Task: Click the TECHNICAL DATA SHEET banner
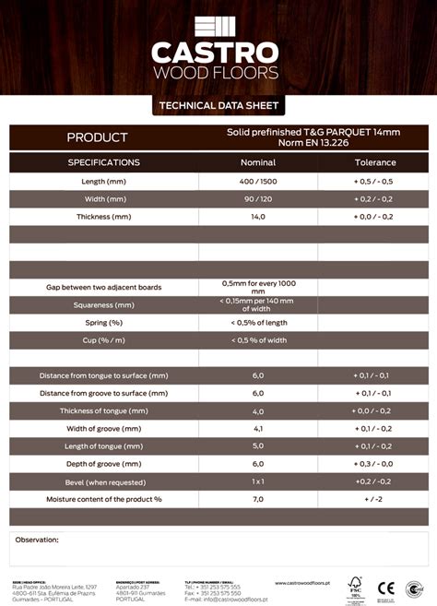(x=218, y=106)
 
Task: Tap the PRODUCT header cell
(x=97, y=137)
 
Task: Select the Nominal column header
(x=258, y=162)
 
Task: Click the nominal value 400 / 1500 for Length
(x=258, y=181)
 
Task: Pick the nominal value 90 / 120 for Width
(x=258, y=198)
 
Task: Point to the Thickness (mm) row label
(x=103, y=216)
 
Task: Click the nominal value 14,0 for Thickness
(x=258, y=216)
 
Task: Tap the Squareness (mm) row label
(x=103, y=304)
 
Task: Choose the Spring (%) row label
(x=103, y=323)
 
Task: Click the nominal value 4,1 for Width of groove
(x=258, y=428)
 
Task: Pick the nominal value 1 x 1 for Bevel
(x=258, y=481)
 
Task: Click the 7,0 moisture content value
(x=258, y=498)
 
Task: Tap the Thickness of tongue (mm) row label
(x=103, y=410)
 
